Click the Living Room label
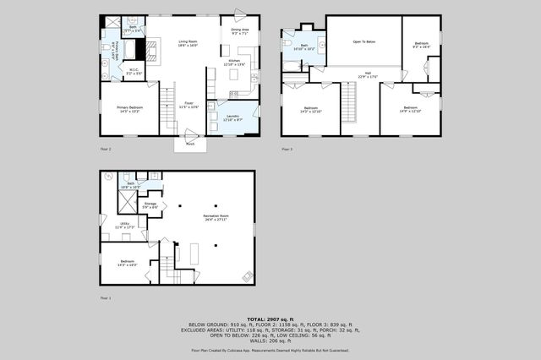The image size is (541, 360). (x=187, y=43)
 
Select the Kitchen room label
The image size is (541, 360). (x=234, y=63)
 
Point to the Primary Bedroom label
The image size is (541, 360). (x=129, y=110)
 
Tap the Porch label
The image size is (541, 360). (x=191, y=144)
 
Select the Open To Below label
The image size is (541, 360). (x=364, y=41)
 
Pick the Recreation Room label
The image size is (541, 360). (x=216, y=218)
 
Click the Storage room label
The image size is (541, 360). (x=150, y=205)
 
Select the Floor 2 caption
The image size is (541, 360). (x=106, y=149)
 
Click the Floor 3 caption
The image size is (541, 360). (x=287, y=149)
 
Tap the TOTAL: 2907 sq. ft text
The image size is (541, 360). (x=270, y=319)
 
